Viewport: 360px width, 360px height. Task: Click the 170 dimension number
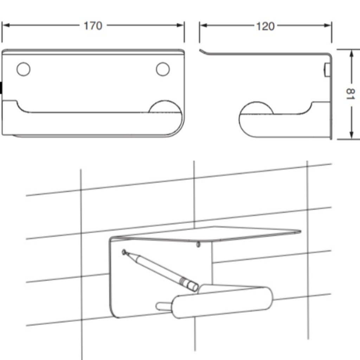coord(93,26)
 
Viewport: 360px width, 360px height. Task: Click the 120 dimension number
coord(265,26)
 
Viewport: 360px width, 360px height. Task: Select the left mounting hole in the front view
coord(24,69)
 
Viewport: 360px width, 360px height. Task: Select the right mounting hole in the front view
coord(163,69)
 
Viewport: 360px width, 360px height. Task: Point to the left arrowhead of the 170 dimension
coord(6,25)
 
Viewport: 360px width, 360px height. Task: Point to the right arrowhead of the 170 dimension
coord(180,25)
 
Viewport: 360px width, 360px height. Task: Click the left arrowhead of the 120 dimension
coord(203,25)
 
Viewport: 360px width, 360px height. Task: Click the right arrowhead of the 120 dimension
coord(328,25)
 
